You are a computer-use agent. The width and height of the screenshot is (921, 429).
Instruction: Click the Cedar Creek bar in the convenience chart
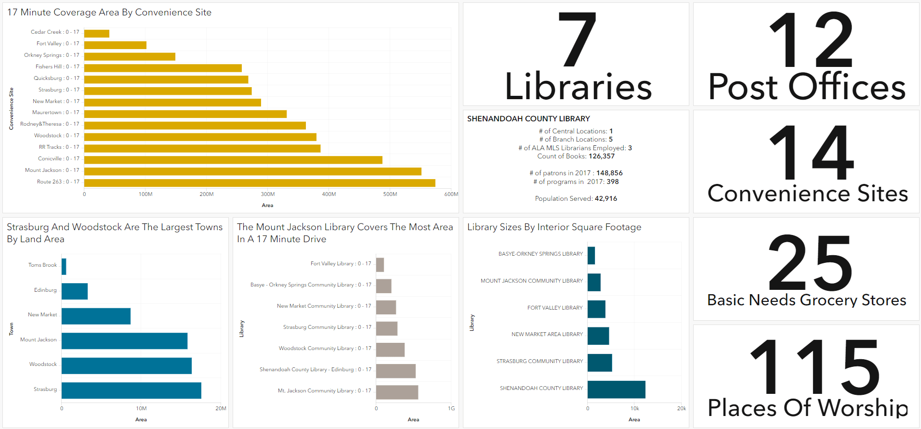[97, 33]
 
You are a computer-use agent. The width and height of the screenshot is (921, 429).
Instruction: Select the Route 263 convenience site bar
[260, 183]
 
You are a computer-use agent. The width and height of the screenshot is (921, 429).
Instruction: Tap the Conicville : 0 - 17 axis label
[58, 158]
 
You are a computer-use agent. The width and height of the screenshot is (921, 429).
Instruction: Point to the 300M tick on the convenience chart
[268, 194]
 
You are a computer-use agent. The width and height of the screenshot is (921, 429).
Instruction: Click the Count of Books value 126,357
[602, 156]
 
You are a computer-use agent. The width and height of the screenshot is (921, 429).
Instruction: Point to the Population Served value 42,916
[606, 198]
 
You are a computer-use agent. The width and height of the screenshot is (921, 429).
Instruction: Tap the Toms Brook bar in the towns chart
[64, 266]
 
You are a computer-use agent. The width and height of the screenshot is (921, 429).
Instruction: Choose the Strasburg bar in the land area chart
[132, 390]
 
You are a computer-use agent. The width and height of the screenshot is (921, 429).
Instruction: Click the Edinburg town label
[45, 290]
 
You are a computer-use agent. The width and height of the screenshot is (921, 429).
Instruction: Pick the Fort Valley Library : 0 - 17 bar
[380, 265]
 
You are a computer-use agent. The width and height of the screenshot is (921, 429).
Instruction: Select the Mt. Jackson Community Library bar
[397, 392]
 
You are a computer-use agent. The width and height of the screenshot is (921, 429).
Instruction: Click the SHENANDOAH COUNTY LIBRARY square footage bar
[616, 390]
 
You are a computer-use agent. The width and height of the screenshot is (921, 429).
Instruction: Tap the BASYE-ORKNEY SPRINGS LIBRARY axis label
[540, 254]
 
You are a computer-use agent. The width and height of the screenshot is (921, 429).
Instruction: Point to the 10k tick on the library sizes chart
[635, 408]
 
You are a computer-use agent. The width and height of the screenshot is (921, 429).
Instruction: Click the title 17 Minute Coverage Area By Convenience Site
[109, 13]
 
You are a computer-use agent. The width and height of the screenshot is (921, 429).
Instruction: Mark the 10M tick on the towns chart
[141, 408]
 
